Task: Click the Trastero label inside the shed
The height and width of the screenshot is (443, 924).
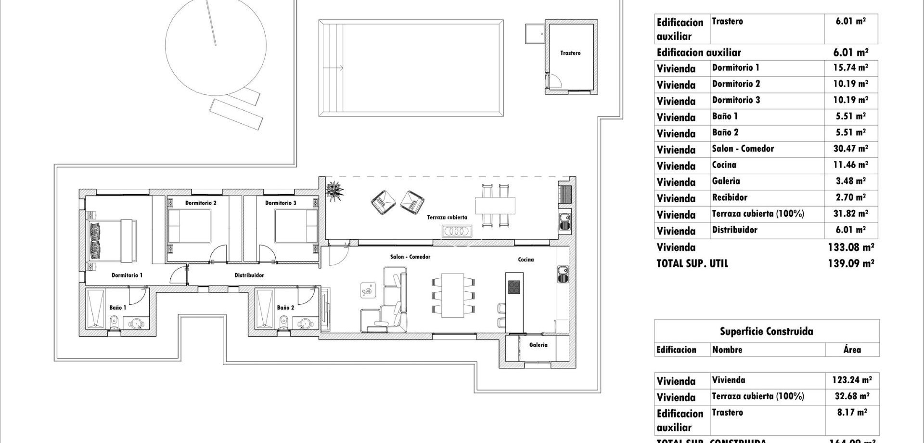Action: (570, 53)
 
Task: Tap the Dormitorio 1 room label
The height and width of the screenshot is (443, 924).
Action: (127, 275)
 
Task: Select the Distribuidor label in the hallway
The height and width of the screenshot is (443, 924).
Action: (249, 275)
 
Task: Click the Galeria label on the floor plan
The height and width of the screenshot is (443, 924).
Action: (538, 345)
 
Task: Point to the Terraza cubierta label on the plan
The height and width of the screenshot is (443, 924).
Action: (447, 217)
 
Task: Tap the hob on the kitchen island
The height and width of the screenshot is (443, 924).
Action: (514, 287)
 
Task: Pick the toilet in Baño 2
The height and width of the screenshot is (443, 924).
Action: (284, 321)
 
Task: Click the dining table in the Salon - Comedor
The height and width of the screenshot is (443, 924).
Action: (452, 295)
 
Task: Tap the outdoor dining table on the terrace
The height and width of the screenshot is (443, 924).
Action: (495, 205)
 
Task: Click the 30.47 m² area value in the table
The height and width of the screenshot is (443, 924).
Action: (850, 149)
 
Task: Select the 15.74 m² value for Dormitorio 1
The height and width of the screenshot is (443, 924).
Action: (850, 68)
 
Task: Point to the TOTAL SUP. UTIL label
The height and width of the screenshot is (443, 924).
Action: (692, 263)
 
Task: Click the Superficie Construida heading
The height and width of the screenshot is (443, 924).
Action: (766, 331)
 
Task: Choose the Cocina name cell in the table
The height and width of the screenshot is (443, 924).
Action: (724, 165)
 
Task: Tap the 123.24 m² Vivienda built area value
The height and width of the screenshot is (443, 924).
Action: (851, 380)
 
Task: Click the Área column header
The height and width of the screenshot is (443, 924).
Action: (852, 350)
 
